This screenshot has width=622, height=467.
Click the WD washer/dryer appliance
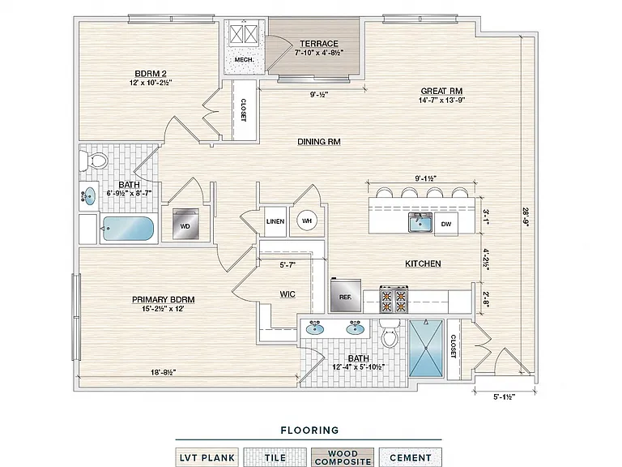coord(185,224)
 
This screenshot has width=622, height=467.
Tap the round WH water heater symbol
coord(307,221)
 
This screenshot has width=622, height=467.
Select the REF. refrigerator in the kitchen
coord(346,294)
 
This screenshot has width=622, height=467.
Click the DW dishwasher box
coord(446,224)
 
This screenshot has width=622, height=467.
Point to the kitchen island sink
coord(420,222)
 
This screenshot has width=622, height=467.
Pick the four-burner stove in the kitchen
coord(394,299)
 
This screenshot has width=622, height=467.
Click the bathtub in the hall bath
coord(128,229)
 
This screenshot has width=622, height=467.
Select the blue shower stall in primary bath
coord(426,348)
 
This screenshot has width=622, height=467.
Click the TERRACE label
coord(319,43)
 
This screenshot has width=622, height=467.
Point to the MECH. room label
coord(244,59)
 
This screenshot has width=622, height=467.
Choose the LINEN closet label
coord(275,221)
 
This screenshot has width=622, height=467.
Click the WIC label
coord(288,294)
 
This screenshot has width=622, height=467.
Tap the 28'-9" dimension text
coord(526,216)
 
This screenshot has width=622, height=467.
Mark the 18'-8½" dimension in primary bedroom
coord(164,372)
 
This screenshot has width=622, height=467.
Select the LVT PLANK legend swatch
coord(207,457)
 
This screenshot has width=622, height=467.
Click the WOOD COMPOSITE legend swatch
coord(343,457)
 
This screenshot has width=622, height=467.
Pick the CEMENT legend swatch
coord(410,457)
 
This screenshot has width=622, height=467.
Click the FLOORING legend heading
coord(310,430)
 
